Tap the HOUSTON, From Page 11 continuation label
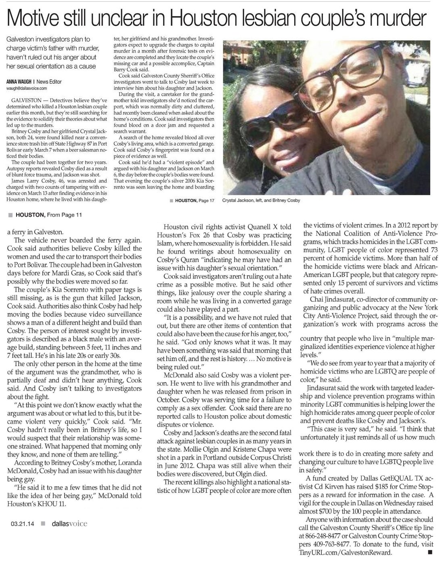coord(48,215)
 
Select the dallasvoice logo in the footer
coord(66,523)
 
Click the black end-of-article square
coord(429,552)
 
